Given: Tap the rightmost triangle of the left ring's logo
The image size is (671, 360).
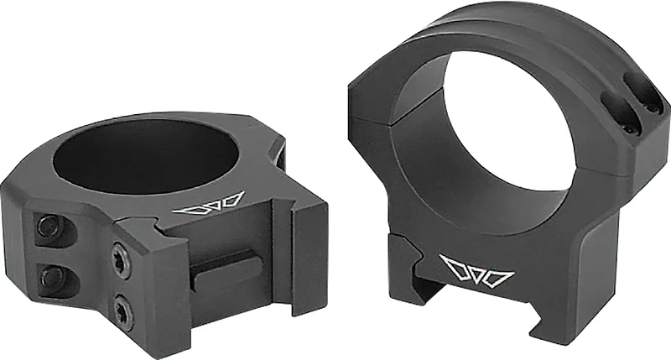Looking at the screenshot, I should pyautogui.click(x=230, y=200).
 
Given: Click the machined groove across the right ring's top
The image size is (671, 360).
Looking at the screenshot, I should pyautogui.click(x=537, y=42).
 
